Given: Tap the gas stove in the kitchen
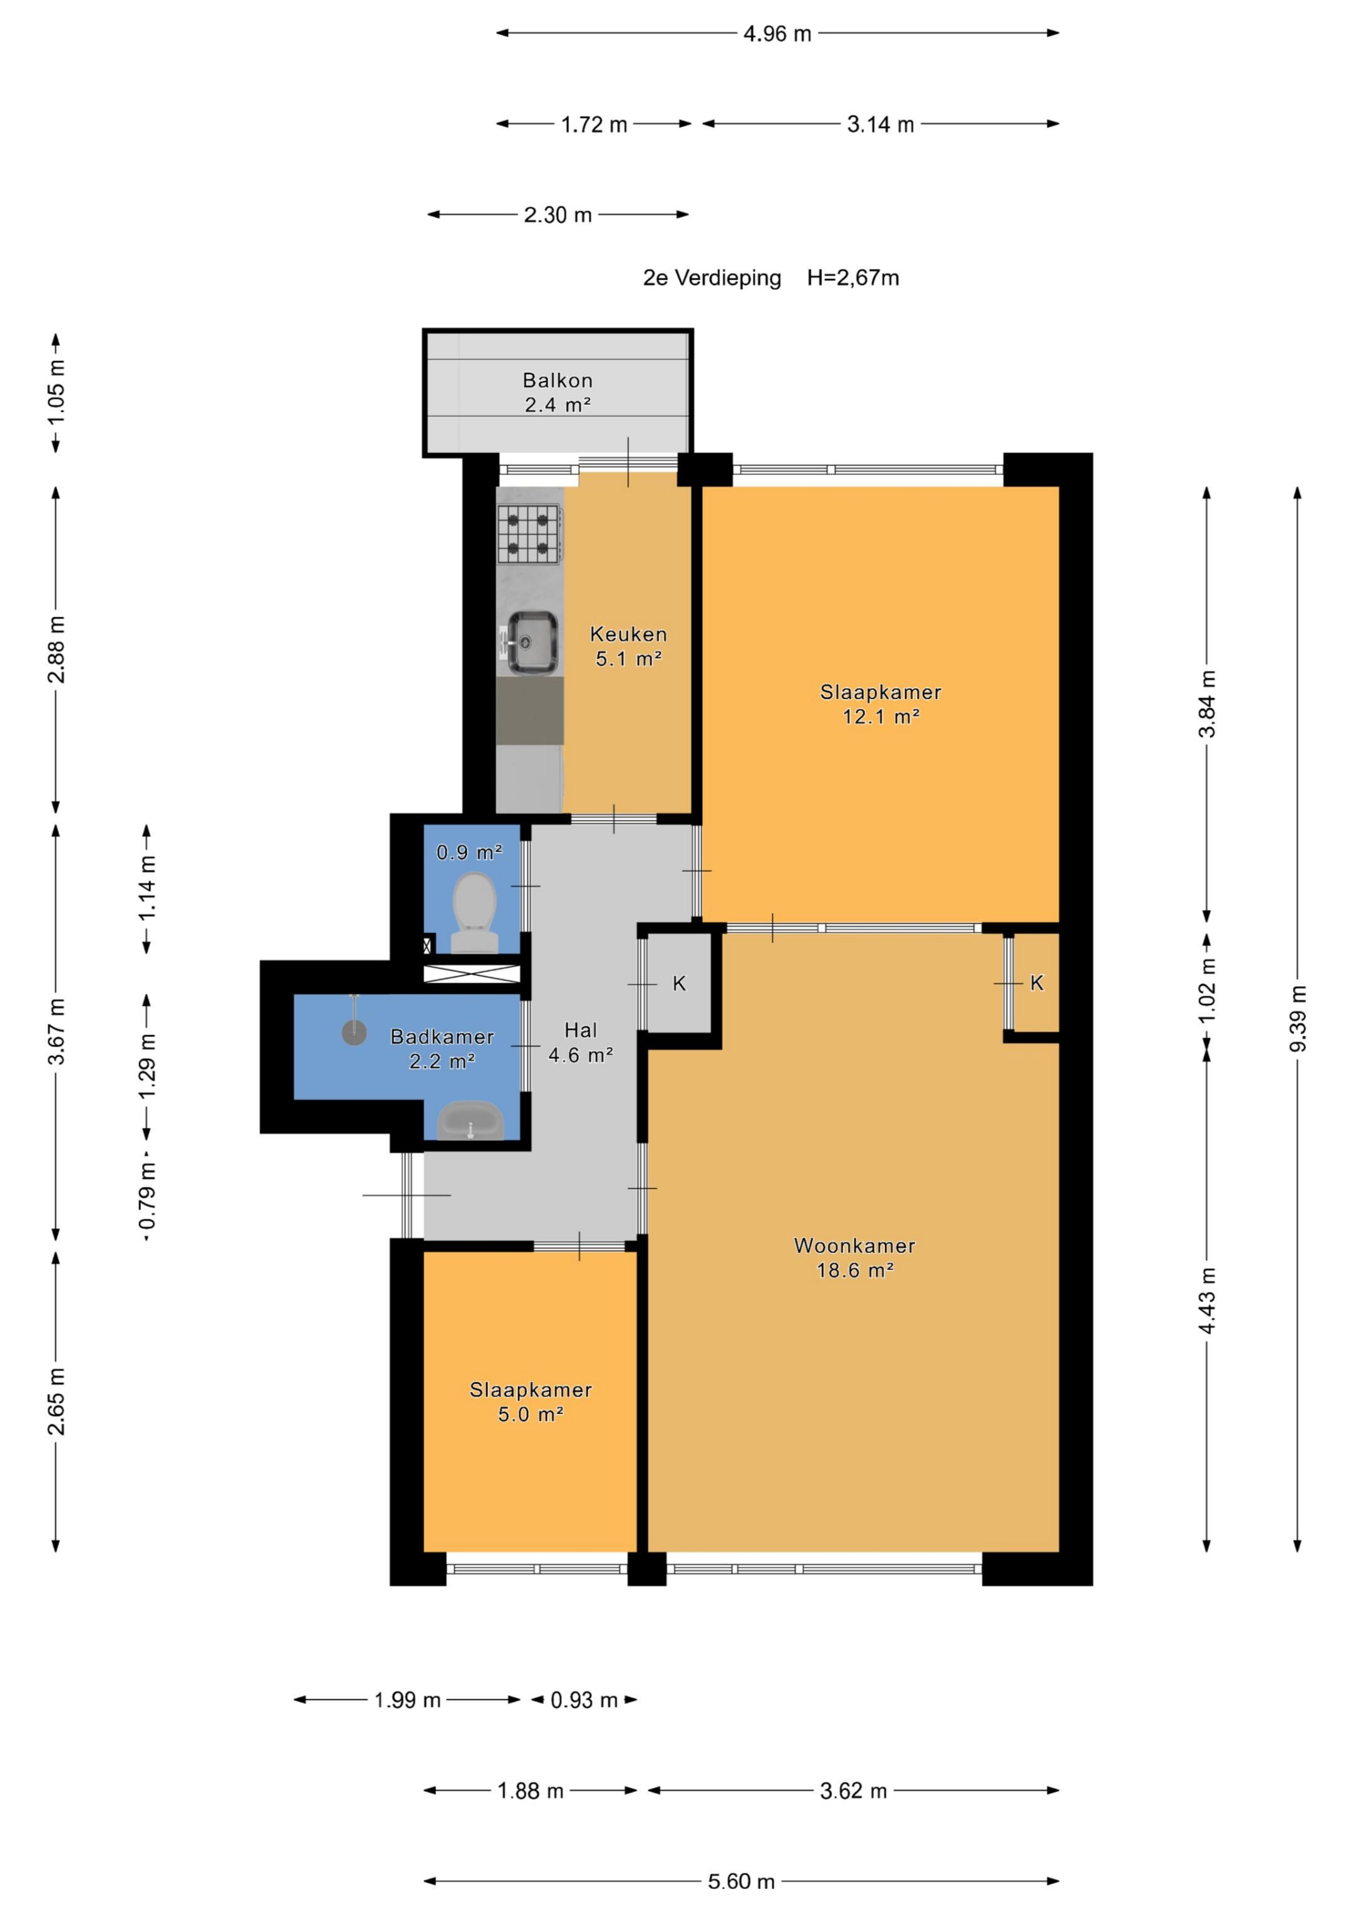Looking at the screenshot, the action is click(529, 534).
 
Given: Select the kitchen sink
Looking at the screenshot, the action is click(531, 642).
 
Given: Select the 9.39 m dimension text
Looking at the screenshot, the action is click(1298, 1019).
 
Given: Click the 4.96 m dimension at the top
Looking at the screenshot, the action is click(777, 33).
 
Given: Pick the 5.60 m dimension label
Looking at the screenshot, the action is click(741, 1881).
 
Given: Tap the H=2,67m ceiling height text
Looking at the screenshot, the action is click(853, 278).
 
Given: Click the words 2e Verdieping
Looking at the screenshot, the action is click(712, 278).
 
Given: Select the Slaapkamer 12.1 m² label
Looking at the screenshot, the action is click(881, 704).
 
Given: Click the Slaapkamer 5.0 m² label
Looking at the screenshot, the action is click(531, 1402).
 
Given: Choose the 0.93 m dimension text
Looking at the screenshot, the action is click(584, 1700).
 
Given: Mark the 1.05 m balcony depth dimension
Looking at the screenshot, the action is click(56, 392).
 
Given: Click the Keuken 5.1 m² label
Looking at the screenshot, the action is click(628, 646).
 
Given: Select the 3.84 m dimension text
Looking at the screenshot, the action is click(1207, 704).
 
